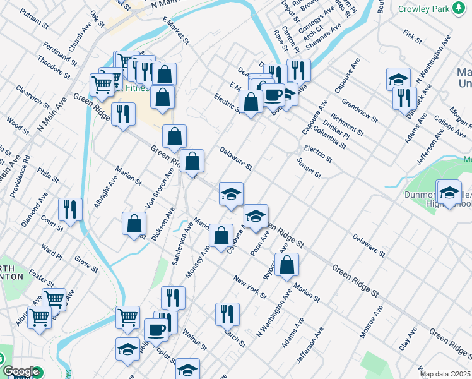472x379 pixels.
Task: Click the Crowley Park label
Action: (x=423, y=9)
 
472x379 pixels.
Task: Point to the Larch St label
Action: (x=233, y=337)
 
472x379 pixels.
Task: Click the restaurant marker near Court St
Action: (x=71, y=210)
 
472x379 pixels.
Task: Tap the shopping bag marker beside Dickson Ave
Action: (x=134, y=223)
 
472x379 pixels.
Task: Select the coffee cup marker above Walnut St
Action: (x=156, y=328)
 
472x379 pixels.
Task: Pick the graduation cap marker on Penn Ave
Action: (x=256, y=215)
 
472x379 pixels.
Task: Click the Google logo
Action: (x=20, y=372)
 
